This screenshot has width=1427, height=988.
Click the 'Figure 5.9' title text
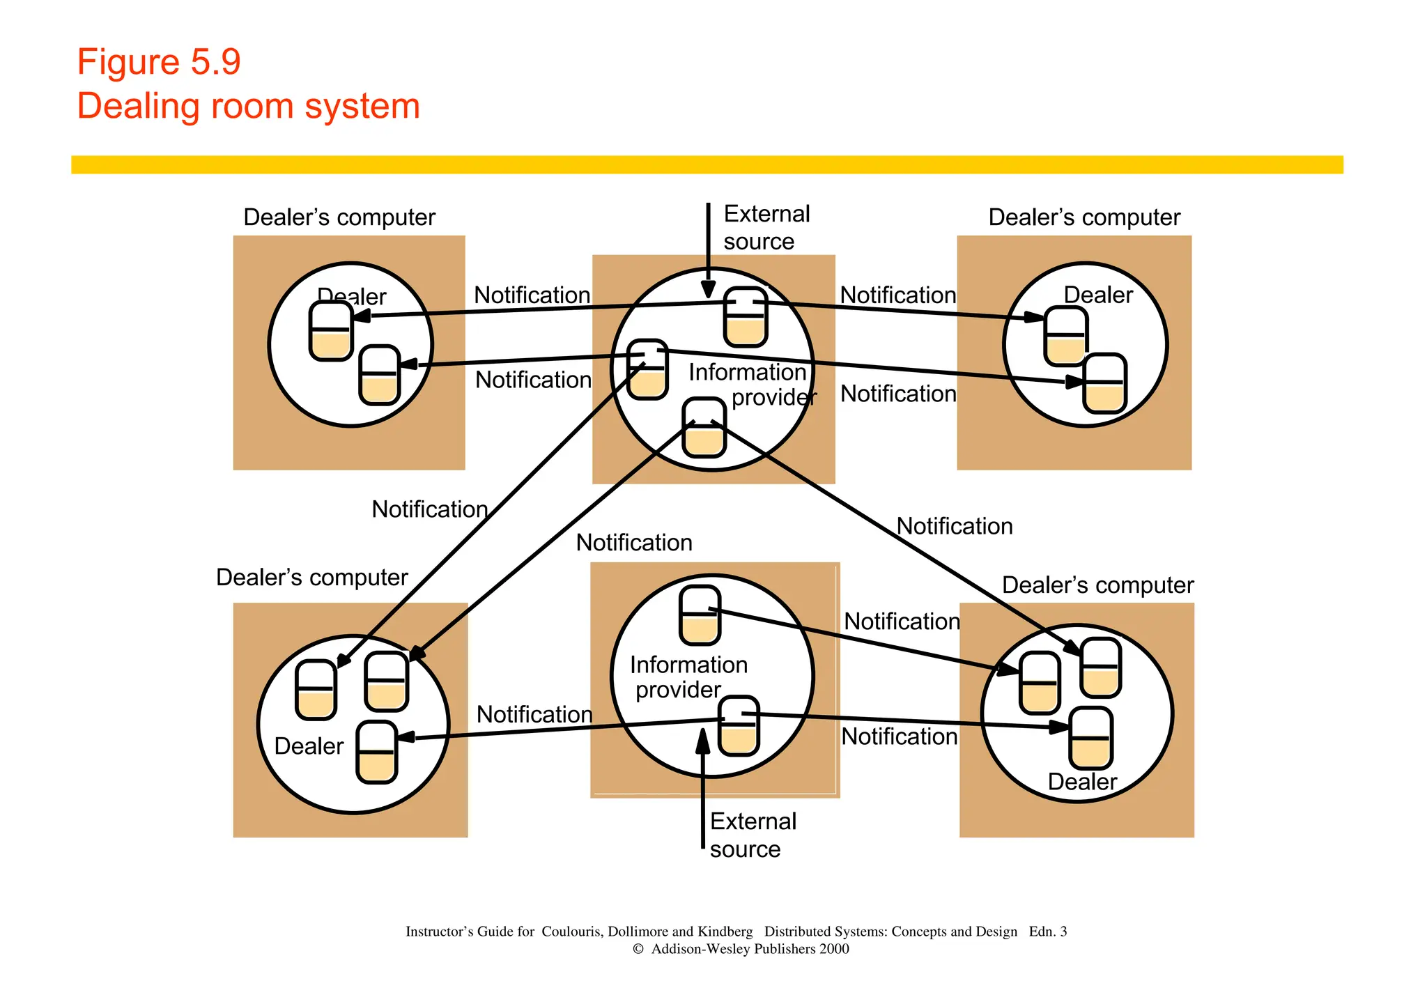coord(158,62)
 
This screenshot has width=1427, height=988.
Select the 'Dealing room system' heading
coord(248,106)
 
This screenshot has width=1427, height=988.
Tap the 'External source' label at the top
coord(766,227)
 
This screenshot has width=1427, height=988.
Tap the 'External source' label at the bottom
coord(752,835)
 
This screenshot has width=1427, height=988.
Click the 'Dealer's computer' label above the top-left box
coord(339,217)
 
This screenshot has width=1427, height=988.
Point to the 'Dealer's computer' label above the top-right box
coord(1083,217)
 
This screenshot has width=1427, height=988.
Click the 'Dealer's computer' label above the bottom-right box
coord(1097,585)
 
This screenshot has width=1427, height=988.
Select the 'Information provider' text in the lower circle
coord(687,677)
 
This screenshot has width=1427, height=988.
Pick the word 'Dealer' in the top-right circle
coord(1097,295)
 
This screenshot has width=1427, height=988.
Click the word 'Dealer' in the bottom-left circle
coord(309,746)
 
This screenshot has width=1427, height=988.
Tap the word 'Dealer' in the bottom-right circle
coord(1081,782)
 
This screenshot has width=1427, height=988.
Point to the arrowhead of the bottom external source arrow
coord(703,741)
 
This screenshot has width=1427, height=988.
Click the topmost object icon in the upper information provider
coord(745,317)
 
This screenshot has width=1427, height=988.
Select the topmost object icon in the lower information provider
coord(700,615)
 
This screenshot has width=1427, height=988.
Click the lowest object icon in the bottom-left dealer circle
coord(376,752)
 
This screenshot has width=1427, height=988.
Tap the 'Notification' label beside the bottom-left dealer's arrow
coord(534,714)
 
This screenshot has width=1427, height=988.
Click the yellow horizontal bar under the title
coord(707,164)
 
